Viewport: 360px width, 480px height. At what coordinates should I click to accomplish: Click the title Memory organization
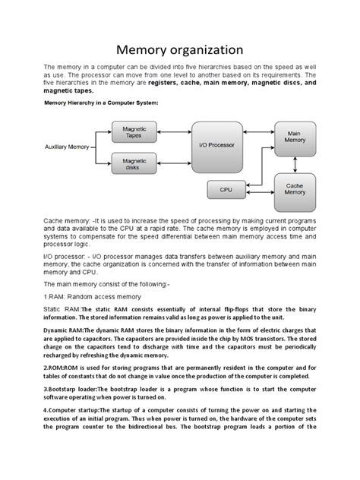pyautogui.click(x=180, y=51)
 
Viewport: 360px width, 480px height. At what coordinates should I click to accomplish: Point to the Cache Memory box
pyautogui.click(x=295, y=188)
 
